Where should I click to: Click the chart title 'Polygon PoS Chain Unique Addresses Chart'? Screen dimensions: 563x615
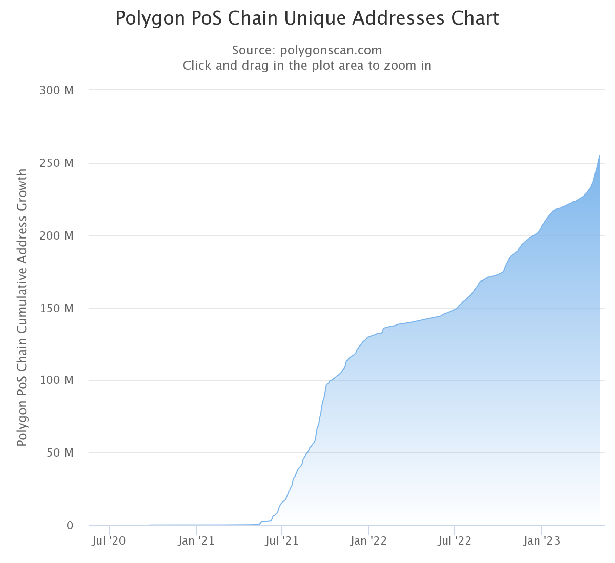click(x=307, y=18)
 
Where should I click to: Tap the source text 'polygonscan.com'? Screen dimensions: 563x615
click(x=331, y=50)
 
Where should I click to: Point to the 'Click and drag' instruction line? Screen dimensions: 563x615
click(x=307, y=66)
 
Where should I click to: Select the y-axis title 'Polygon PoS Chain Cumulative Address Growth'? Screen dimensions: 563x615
click(x=22, y=308)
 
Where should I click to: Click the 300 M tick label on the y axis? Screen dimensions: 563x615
click(x=56, y=91)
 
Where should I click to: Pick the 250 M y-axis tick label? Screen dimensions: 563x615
click(x=56, y=163)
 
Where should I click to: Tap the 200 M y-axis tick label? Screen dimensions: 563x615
click(x=56, y=236)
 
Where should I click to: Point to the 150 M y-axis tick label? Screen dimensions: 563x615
click(x=56, y=309)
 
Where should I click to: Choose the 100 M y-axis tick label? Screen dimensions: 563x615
click(x=56, y=380)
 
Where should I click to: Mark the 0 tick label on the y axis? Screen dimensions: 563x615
click(x=70, y=526)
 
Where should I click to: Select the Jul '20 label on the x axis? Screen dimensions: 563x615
click(x=108, y=541)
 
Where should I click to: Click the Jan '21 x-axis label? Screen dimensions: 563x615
click(x=196, y=541)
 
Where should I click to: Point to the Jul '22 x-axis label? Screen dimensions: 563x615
click(x=454, y=541)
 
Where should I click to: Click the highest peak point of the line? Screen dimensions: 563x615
click(x=600, y=155)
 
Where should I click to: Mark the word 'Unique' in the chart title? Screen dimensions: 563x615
click(x=312, y=18)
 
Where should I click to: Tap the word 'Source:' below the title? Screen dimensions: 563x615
click(x=253, y=50)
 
